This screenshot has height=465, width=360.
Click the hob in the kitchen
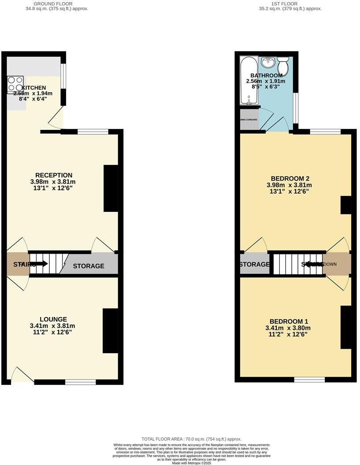point(15,85)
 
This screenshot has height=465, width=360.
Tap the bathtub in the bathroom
point(249,81)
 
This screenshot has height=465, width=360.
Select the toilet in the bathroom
point(283,67)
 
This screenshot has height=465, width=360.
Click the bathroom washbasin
point(267,63)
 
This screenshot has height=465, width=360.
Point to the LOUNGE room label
point(53,319)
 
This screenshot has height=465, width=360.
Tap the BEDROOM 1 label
point(286,321)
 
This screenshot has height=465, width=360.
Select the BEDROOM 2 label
point(288,178)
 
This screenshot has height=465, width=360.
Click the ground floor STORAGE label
point(89,266)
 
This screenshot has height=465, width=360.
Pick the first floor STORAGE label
point(254,264)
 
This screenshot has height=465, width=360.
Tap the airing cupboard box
point(249,119)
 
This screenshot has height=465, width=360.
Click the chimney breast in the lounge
point(110,331)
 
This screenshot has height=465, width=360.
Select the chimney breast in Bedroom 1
point(346,327)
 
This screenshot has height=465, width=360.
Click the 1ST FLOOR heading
point(291,4)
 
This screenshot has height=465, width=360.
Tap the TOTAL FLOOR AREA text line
point(191,439)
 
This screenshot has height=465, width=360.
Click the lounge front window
point(81,382)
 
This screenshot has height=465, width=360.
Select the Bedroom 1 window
point(309,379)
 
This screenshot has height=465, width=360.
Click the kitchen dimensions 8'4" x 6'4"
point(33,99)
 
